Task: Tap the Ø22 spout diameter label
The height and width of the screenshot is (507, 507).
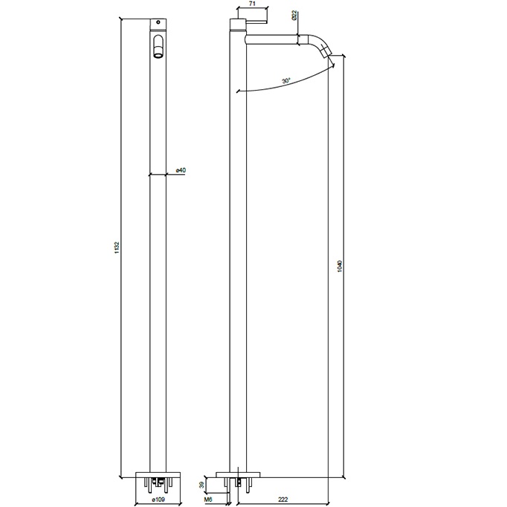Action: click(x=295, y=16)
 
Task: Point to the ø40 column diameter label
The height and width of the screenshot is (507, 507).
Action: click(x=181, y=171)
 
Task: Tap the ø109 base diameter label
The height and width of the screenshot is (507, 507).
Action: click(x=157, y=500)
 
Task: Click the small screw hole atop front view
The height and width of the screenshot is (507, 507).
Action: click(x=157, y=22)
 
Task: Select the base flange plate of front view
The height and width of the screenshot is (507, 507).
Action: click(x=157, y=474)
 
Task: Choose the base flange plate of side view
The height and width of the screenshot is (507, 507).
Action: click(x=239, y=474)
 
